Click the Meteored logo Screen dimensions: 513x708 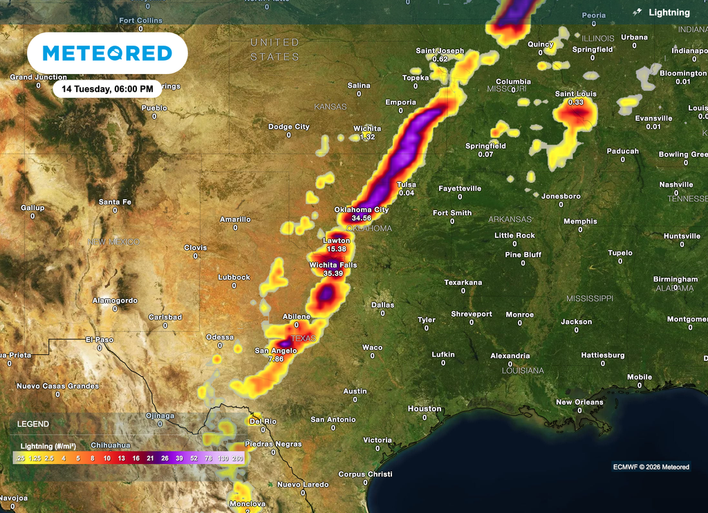107,53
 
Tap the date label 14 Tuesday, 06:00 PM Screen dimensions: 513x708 107,89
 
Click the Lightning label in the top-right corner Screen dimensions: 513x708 669,12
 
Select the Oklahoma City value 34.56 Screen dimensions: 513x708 362,218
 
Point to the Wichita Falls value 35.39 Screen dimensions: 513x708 333,274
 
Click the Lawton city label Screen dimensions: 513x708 337,241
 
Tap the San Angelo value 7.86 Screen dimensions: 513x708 276,360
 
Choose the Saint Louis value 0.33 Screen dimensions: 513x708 575,102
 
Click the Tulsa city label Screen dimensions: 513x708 407,185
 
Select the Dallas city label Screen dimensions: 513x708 382,305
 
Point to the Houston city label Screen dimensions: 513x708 424,409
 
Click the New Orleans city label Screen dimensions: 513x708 579,402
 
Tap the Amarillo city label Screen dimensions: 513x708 235,219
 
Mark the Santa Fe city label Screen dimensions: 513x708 115,202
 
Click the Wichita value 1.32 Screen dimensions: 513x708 367,137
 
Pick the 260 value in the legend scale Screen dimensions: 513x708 239,458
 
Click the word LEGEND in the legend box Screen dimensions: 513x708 33,424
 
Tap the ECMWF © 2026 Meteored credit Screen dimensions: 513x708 651,467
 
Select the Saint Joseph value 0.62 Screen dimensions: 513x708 440,59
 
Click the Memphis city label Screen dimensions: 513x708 580,221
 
